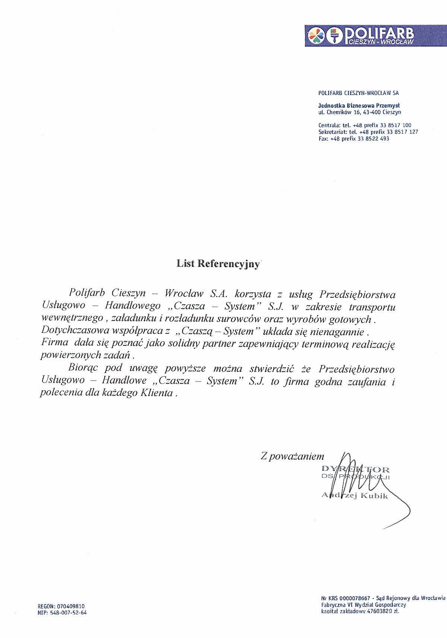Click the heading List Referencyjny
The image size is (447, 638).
[218, 264]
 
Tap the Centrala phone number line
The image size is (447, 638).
[365, 125]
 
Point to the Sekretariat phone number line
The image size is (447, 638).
[368, 132]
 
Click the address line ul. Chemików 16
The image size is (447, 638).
[360, 112]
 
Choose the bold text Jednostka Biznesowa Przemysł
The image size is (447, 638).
[359, 105]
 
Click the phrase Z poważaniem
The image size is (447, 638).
[292, 456]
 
